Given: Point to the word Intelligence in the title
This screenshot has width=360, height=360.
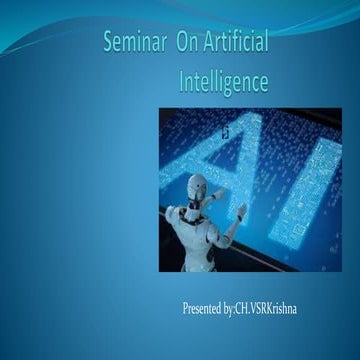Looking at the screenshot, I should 224,82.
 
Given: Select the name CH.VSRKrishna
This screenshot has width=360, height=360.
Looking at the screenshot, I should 265,307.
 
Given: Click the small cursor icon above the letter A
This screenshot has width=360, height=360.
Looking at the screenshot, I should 225,129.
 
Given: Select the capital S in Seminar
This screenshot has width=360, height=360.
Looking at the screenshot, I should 109,43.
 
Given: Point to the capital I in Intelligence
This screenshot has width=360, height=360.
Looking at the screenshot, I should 183,82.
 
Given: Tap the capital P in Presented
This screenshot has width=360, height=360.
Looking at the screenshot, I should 186,307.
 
